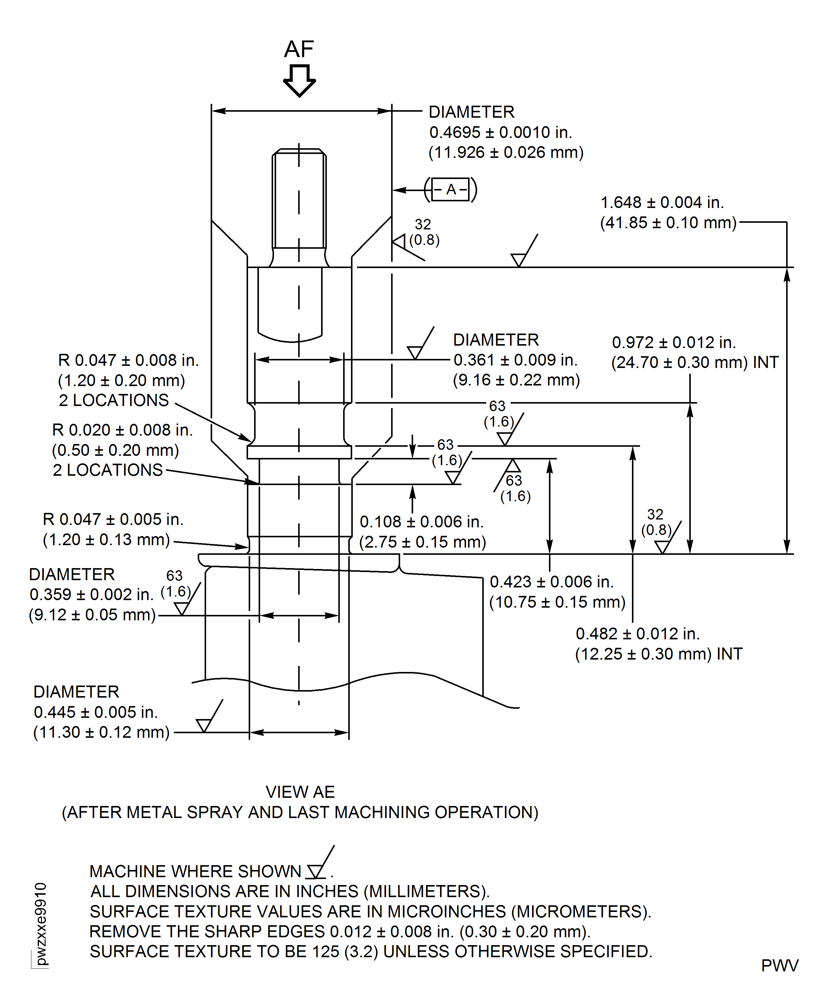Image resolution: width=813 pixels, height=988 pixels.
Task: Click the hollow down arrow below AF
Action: (299, 81)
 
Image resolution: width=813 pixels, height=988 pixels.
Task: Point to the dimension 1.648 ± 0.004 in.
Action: (662, 202)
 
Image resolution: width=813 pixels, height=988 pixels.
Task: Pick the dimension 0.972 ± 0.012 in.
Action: (674, 342)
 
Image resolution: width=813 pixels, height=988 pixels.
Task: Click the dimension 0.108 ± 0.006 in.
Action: (422, 522)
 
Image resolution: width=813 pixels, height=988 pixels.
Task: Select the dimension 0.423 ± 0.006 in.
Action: (552, 582)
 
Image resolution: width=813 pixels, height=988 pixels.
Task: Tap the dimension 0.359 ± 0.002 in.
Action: (91, 594)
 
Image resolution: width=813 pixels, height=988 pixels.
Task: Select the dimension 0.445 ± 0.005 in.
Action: (96, 712)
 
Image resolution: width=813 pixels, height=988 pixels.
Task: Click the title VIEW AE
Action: (300, 792)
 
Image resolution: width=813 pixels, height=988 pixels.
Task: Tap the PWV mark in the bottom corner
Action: (780, 966)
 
